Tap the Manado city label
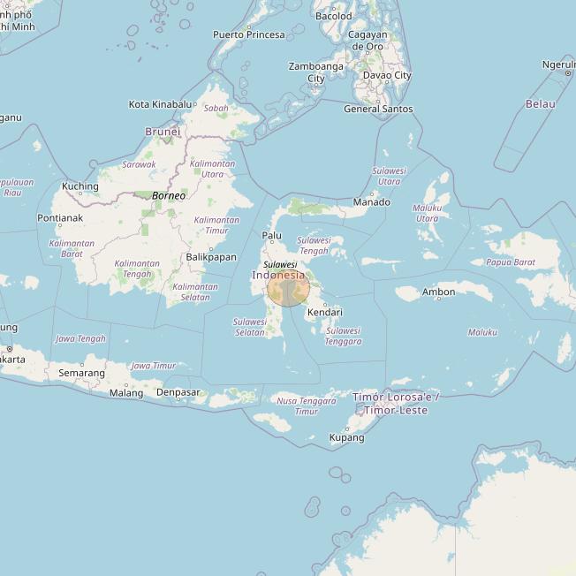[371, 202]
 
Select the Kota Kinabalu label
[160, 104]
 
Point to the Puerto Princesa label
[249, 35]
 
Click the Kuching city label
[80, 186]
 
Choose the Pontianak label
[60, 218]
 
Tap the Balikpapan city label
[211, 257]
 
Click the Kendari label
[324, 313]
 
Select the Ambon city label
[438, 292]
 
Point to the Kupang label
[346, 438]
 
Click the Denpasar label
[178, 392]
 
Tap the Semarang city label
[81, 373]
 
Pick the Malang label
[126, 393]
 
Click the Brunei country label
[163, 132]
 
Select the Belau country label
[541, 104]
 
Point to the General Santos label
[378, 110]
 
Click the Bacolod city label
[334, 16]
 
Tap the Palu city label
[272, 236]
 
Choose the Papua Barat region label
[511, 262]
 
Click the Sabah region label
[216, 109]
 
